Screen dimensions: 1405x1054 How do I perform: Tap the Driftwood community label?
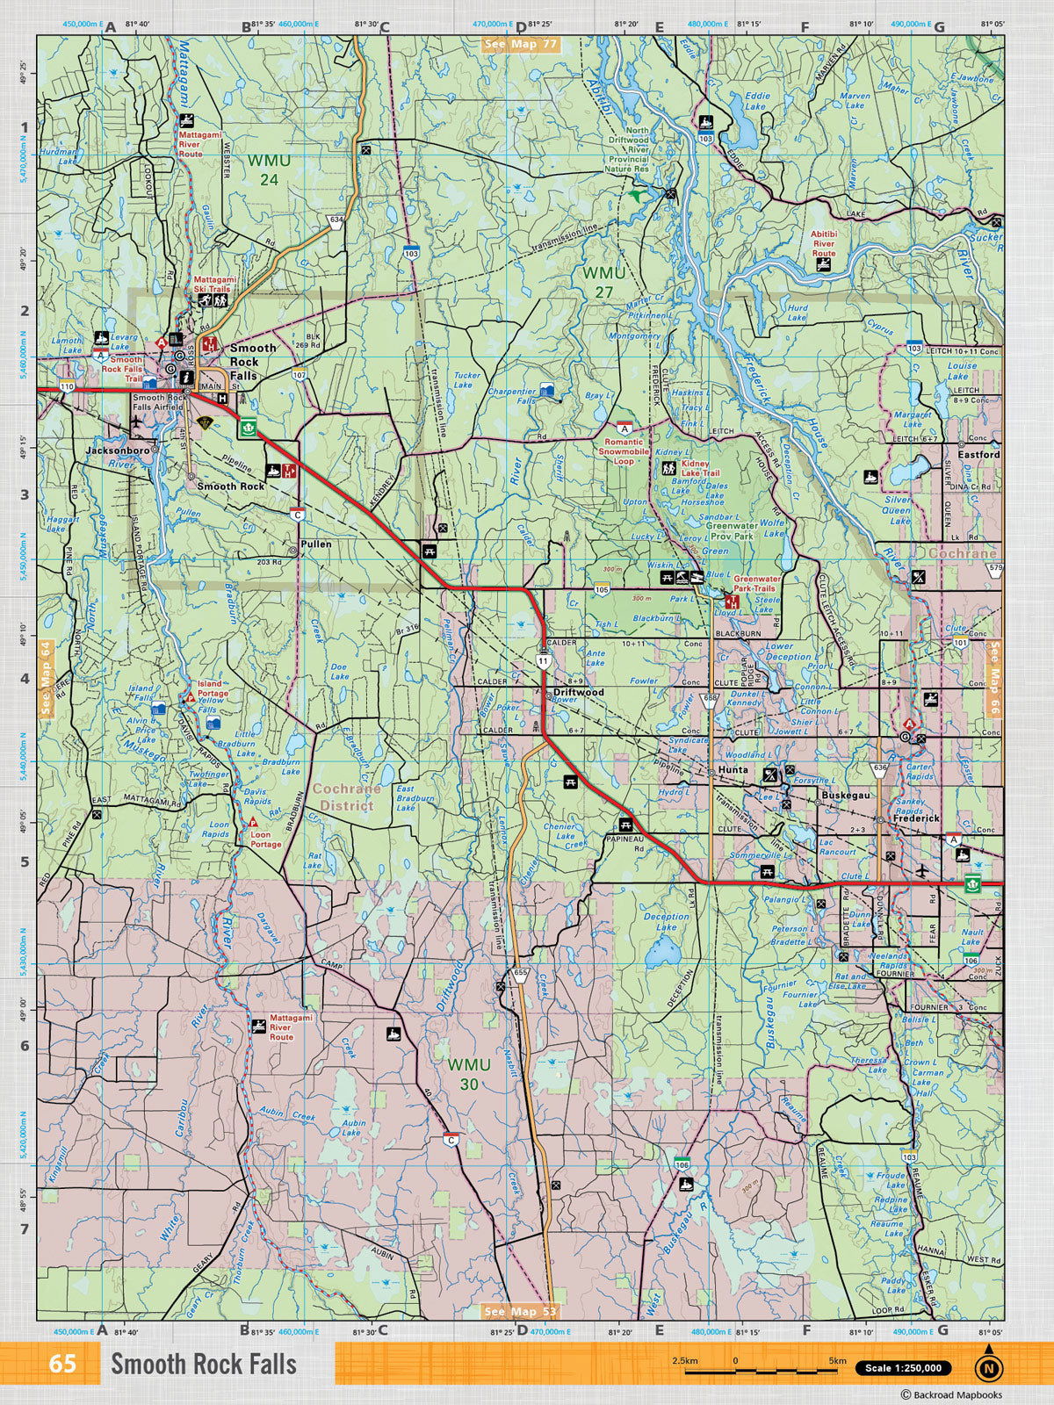point(579,693)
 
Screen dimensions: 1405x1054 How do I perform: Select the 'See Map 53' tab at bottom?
point(520,1312)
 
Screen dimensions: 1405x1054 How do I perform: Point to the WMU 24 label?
point(268,169)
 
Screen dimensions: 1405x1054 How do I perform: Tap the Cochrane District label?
point(346,796)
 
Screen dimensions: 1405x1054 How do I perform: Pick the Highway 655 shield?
point(520,974)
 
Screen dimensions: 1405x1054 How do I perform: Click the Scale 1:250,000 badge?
point(902,1367)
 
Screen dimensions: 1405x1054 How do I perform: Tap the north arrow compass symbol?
point(989,1365)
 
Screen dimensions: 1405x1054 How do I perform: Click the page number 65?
point(62,1365)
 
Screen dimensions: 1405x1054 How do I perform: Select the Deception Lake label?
point(666,922)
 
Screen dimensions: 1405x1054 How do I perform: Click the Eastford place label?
point(978,455)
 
